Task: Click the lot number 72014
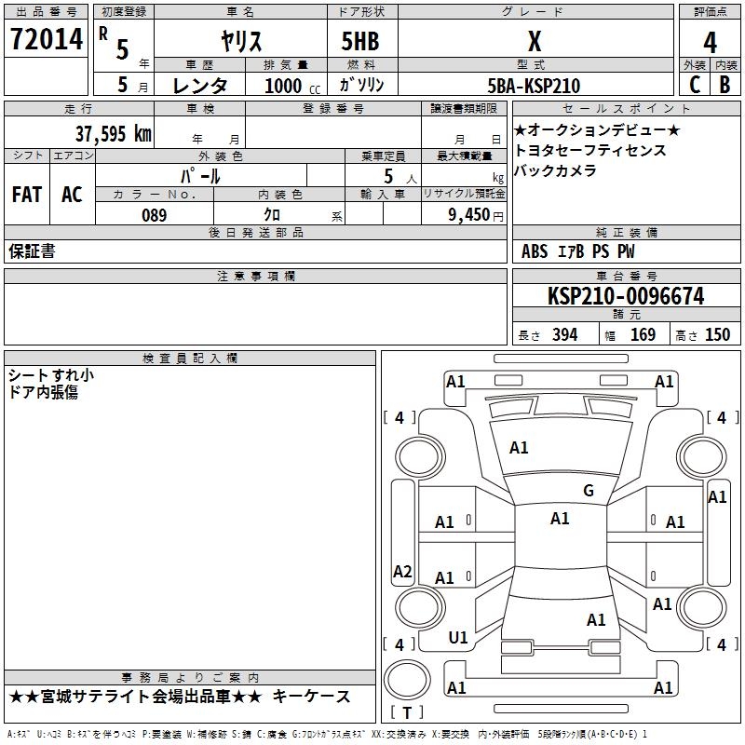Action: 46,40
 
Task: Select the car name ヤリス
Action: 240,41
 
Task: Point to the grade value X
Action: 534,41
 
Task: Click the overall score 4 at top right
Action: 711,43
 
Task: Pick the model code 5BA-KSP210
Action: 534,86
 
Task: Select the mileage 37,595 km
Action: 113,133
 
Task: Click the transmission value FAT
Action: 26,195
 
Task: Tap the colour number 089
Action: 154,215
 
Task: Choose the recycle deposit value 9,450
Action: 470,215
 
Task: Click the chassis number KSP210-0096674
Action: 626,297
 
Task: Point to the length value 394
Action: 563,334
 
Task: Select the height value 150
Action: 717,334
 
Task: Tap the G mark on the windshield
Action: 588,491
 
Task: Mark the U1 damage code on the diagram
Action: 458,638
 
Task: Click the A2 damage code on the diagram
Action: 402,572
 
